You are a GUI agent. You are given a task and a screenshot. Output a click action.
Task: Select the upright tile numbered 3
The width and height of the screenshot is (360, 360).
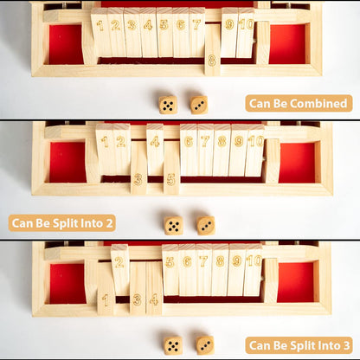pos(132,32)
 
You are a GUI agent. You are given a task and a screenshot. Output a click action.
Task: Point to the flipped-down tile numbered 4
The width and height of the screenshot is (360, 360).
pos(154,288)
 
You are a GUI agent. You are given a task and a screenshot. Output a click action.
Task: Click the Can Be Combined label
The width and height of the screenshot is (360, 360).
pos(299,103)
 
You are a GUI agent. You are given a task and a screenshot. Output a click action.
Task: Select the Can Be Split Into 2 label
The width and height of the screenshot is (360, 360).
pos(62,223)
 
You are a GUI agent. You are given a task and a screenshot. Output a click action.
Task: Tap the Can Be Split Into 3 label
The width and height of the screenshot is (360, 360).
pos(299,345)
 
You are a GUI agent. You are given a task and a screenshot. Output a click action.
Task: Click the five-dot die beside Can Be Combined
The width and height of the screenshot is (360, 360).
pos(168,105)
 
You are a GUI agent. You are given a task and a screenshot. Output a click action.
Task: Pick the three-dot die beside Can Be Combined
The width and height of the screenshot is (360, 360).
pos(199,105)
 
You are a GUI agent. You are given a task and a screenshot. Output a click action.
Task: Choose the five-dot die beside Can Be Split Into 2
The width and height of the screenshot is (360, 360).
pos(173,226)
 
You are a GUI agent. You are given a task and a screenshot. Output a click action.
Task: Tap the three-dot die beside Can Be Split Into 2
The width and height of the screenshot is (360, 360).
pos(206,226)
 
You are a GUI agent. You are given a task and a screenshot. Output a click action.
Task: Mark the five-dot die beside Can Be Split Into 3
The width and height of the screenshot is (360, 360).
pos(173,345)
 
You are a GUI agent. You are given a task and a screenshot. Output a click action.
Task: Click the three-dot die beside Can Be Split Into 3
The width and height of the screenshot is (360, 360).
pos(205,345)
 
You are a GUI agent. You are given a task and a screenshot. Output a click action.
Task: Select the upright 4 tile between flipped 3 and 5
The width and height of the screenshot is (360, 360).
pos(155,149)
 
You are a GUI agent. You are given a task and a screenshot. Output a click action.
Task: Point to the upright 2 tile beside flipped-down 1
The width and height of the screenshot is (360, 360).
pos(119,270)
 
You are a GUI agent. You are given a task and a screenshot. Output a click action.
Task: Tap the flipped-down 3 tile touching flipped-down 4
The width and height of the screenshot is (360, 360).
pos(138,288)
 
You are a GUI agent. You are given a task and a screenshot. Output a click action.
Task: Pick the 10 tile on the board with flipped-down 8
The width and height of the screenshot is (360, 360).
pos(246,32)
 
